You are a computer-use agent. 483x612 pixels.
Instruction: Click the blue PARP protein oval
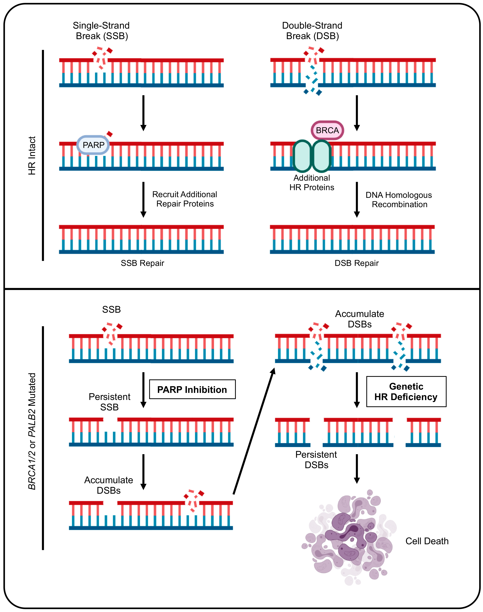click(x=93, y=145)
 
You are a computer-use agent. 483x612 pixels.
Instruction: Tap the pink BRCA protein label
click(x=327, y=130)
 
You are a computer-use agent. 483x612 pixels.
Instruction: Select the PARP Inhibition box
click(x=192, y=389)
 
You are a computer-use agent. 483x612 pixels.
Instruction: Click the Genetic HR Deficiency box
click(x=406, y=392)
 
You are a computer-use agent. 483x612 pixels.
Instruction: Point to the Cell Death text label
click(x=427, y=541)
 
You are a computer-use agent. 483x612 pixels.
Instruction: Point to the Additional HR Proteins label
click(x=312, y=183)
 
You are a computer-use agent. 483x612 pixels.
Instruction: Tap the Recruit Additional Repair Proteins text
click(x=185, y=199)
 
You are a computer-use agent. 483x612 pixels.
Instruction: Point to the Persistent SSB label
click(x=109, y=402)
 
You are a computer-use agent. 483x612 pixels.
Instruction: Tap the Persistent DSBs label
click(x=316, y=459)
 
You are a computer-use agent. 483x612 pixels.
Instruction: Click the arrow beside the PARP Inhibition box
click(x=143, y=390)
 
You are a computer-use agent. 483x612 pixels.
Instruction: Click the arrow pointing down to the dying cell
click(x=357, y=469)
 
